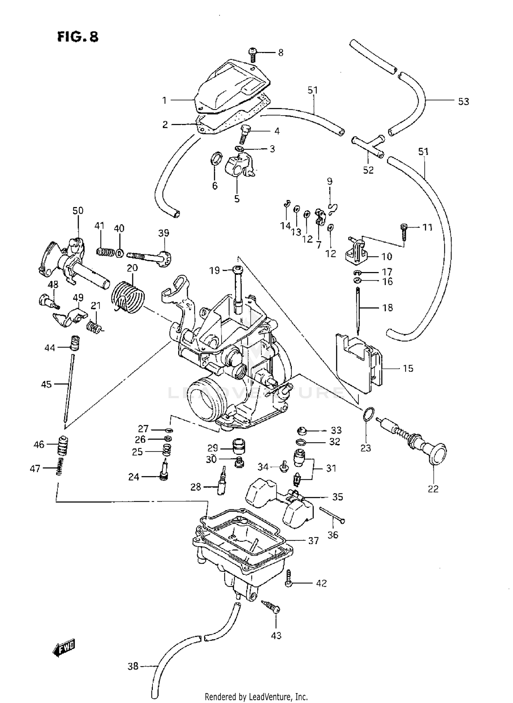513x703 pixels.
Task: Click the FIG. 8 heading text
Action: (78, 36)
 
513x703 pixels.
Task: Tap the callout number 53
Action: (463, 102)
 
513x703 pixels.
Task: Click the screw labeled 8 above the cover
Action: (252, 54)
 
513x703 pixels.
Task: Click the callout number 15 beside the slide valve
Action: (408, 368)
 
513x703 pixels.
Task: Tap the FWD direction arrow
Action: (64, 647)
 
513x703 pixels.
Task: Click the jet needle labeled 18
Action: (358, 311)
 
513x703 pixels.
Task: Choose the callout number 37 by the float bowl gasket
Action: (313, 541)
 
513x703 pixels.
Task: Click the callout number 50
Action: (78, 211)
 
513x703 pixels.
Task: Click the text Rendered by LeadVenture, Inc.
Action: (256, 696)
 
